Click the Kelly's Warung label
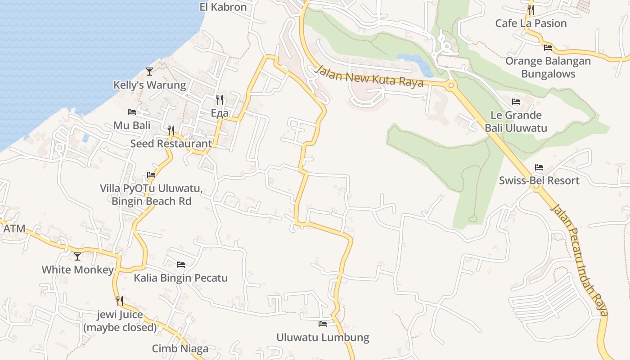tap(149, 85)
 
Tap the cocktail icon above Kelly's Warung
tap(149, 72)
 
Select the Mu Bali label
tap(132, 125)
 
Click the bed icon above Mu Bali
tap(132, 112)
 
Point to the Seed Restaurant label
tap(171, 144)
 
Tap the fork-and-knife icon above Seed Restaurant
tap(171, 130)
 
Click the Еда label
tap(220, 113)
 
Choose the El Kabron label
tap(223, 7)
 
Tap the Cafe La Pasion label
tap(531, 23)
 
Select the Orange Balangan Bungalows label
tap(548, 67)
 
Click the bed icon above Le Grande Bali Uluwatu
tap(516, 102)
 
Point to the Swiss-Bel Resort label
tap(539, 180)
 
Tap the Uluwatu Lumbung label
tap(323, 337)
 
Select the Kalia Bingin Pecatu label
tap(180, 278)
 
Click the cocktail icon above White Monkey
tap(77, 256)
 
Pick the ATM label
tap(14, 229)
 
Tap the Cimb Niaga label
tap(180, 349)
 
